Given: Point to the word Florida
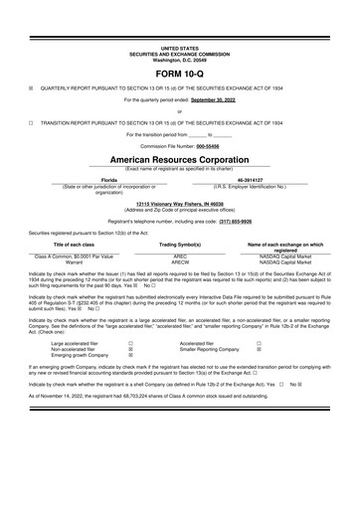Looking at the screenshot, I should click(x=95, y=180).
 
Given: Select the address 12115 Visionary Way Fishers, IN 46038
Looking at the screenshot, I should click(x=180, y=203).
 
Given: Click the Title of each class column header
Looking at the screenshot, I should click(x=95, y=244).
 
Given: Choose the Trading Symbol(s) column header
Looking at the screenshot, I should click(x=181, y=244).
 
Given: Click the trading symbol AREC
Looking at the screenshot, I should click(x=181, y=256).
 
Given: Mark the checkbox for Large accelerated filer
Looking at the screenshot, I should click(x=131, y=342).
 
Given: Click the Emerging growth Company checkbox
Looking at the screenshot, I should click(x=131, y=355).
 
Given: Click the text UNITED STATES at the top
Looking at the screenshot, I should click(x=180, y=47).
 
